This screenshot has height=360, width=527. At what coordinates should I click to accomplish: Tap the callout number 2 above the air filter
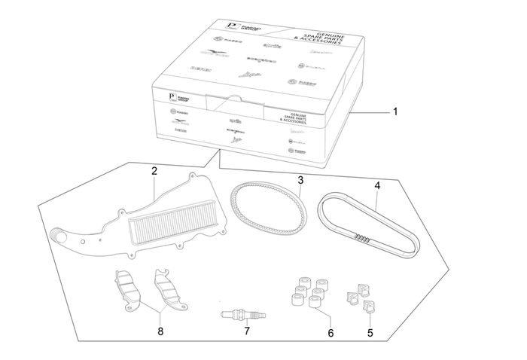coord(154,171)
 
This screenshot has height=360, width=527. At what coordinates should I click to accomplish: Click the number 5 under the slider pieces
coord(370,331)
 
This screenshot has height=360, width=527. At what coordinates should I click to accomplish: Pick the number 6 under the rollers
coord(329,331)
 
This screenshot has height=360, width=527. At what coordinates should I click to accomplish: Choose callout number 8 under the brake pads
coord(160,331)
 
